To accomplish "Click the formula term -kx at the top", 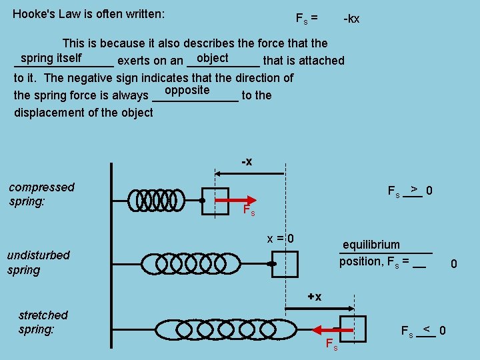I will [351, 19].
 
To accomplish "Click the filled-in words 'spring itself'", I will [51, 59].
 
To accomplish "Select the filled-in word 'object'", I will [213, 59].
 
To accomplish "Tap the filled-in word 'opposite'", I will [187, 90].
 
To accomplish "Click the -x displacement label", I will [246, 162].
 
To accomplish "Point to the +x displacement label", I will [314, 296].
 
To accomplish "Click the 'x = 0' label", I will [280, 239].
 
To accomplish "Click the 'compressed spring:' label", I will [41, 194].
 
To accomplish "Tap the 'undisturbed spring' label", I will [38, 262].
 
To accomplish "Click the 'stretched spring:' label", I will [43, 321].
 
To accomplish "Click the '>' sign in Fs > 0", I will [414, 189].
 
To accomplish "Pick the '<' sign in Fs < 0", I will [427, 329].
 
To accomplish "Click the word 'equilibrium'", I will [371, 245].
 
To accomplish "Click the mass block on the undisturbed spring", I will [285, 264].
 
